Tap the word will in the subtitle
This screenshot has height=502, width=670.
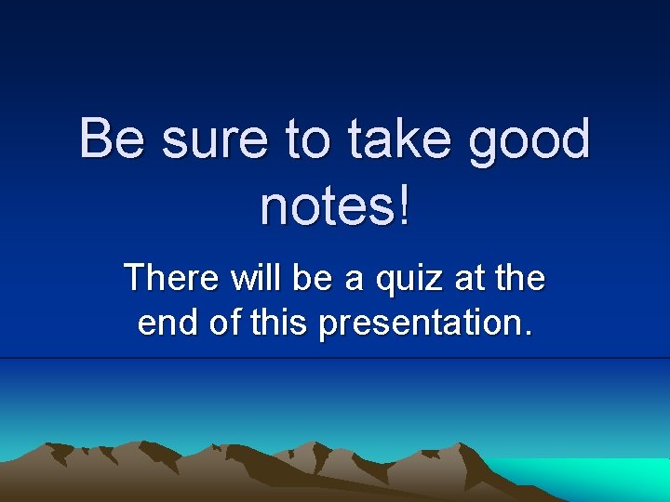coord(256,277)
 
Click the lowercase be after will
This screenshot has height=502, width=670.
coord(312,277)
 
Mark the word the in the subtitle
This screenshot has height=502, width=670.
coord(519,277)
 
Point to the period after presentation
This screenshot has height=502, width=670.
coord(528,332)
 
